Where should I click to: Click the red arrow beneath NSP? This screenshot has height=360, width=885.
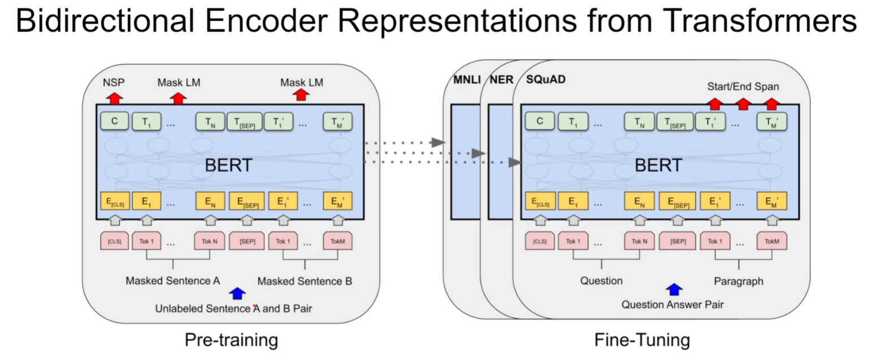(115, 98)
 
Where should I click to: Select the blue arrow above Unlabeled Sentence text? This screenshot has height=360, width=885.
(238, 293)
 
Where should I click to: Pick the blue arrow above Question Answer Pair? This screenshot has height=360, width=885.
(673, 289)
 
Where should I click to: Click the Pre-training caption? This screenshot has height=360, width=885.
(231, 340)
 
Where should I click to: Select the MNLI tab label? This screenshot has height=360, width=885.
(467, 80)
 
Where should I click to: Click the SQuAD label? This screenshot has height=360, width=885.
(546, 80)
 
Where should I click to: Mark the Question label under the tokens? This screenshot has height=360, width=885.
(601, 280)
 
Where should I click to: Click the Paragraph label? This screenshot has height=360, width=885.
(738, 280)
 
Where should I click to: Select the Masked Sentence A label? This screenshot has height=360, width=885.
(173, 280)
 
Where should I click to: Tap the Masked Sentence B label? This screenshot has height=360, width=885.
(305, 280)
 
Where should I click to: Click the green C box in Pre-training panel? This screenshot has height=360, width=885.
(115, 121)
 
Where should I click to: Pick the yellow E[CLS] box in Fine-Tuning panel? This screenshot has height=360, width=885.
(540, 201)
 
